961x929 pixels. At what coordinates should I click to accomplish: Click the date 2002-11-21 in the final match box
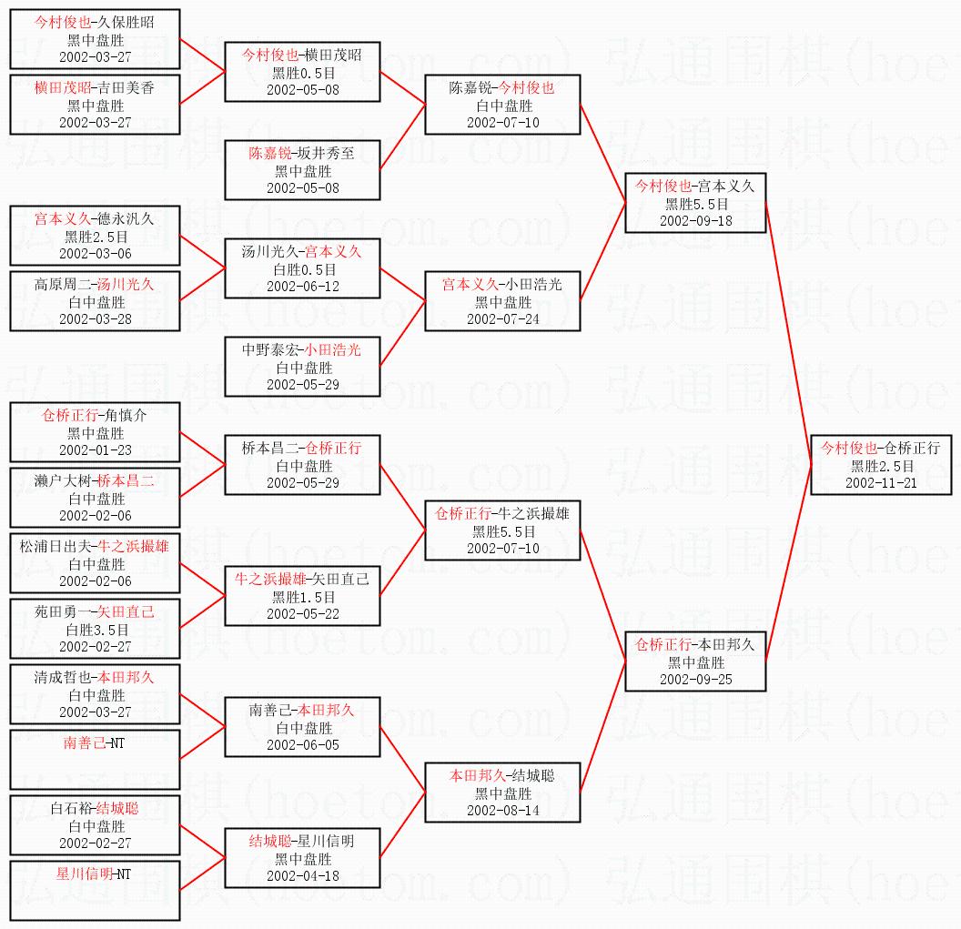point(881,482)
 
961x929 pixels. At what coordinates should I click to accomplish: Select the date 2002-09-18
point(696,220)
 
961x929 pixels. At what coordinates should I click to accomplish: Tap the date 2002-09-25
point(696,679)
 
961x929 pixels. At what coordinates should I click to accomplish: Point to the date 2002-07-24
point(502,318)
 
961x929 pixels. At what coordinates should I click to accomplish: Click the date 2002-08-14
point(502,810)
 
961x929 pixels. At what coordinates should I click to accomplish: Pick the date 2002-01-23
point(96,449)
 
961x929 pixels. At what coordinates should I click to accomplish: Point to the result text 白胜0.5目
point(304,269)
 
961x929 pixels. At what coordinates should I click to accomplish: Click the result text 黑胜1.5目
point(304,597)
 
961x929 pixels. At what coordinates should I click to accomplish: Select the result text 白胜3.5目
point(96,630)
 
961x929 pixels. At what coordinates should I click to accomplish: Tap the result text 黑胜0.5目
point(304,73)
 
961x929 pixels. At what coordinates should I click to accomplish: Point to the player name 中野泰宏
point(271,349)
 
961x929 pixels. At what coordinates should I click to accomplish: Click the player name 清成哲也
point(64,677)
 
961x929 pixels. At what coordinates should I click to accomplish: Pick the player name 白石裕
point(71,808)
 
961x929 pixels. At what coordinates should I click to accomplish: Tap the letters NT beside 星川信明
point(123,874)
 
